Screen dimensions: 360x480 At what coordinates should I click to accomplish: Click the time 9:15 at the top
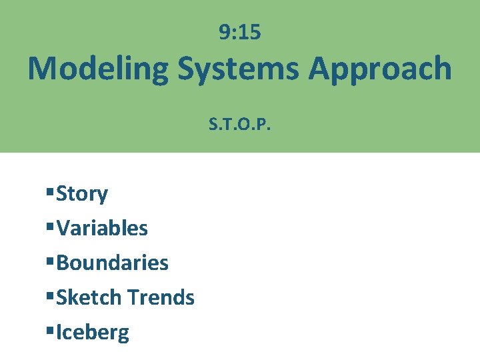point(240,32)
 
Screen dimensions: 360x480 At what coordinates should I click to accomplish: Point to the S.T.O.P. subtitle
point(240,124)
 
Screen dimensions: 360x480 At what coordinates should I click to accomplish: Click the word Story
point(82,194)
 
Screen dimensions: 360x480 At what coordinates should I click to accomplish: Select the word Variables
point(102,229)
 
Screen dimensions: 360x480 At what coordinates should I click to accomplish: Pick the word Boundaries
point(112,263)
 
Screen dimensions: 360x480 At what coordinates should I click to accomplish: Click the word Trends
point(161,297)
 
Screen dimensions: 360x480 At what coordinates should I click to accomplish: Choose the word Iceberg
point(93,332)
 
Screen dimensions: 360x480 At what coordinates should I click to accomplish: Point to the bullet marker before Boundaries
point(50,263)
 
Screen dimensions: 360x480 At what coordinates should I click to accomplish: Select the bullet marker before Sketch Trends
point(50,297)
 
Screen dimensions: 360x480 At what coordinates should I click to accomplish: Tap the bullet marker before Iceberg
point(50,332)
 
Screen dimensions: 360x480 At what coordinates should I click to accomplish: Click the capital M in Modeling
point(43,69)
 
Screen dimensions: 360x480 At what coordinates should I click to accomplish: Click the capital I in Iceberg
point(59,332)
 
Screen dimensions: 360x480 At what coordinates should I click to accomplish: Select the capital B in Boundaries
point(63,263)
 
